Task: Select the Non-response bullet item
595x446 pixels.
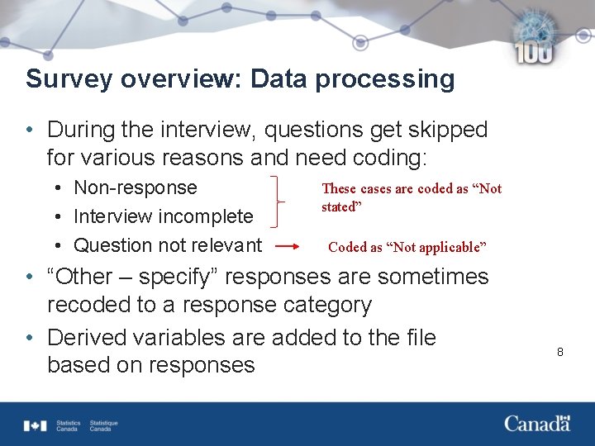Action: coord(136,187)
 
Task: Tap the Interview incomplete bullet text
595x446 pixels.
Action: coord(163,216)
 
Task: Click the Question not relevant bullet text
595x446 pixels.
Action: coord(168,245)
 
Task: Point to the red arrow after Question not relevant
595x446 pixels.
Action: coord(288,246)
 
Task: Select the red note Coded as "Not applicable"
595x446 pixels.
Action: coord(407,247)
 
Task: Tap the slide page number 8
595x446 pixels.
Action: coord(559,352)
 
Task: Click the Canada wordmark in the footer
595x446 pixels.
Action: coord(537,424)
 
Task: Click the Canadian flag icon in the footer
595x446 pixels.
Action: coord(36,425)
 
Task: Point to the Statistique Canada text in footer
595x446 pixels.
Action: coord(103,425)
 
